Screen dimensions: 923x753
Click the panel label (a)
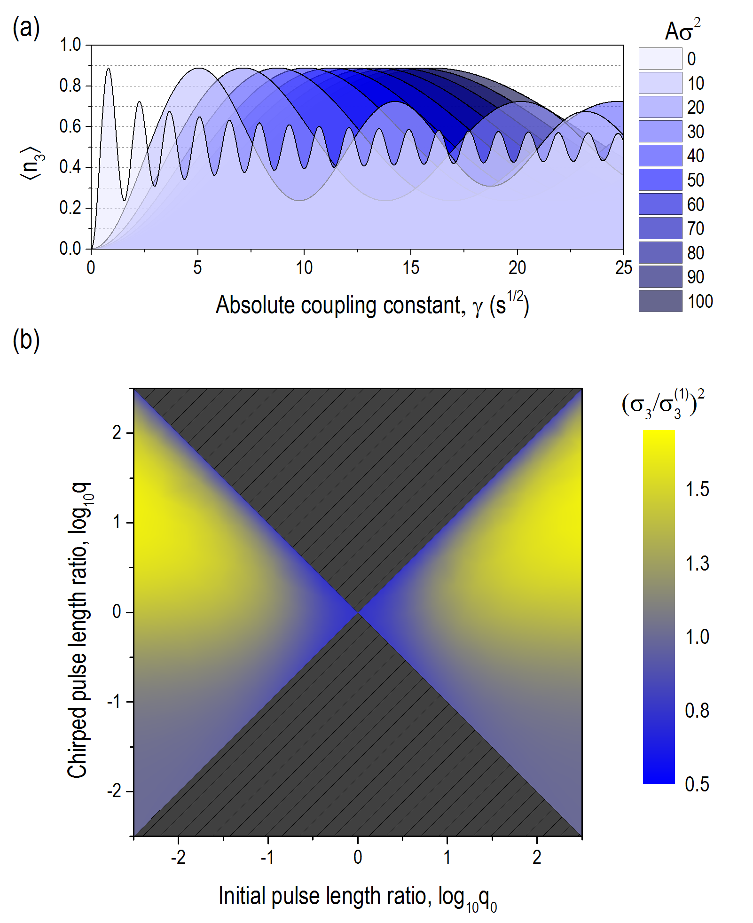click(26, 29)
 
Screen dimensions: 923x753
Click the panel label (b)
click(26, 340)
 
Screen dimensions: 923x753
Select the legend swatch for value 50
click(660, 180)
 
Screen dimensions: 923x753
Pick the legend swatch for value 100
click(660, 301)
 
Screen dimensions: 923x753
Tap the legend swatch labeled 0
click(660, 59)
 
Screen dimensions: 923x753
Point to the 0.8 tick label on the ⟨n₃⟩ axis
click(70, 86)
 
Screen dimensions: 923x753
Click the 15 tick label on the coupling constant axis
click(410, 268)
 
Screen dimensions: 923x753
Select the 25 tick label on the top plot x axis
click(623, 268)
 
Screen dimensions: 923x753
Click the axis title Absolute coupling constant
click(372, 305)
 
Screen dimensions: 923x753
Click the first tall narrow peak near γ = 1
click(109, 69)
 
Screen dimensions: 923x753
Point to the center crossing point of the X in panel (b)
click(358, 612)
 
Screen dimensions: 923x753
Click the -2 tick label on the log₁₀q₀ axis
click(178, 858)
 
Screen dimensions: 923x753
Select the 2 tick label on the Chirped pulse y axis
click(117, 433)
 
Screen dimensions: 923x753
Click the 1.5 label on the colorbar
click(697, 490)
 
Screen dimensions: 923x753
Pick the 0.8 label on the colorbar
click(697, 711)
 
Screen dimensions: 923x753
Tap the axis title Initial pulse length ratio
click(357, 897)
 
